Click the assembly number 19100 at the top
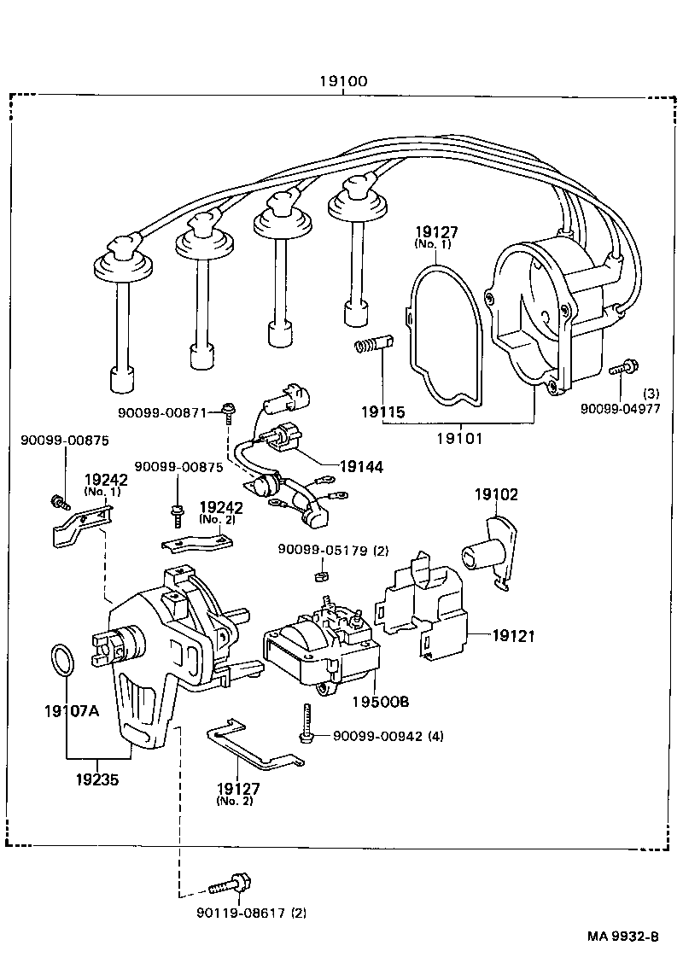(343, 82)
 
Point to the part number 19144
(361, 466)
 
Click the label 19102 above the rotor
(497, 494)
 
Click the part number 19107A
(72, 709)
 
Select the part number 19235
(96, 779)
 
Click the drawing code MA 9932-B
(622, 937)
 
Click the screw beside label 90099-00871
(229, 413)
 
